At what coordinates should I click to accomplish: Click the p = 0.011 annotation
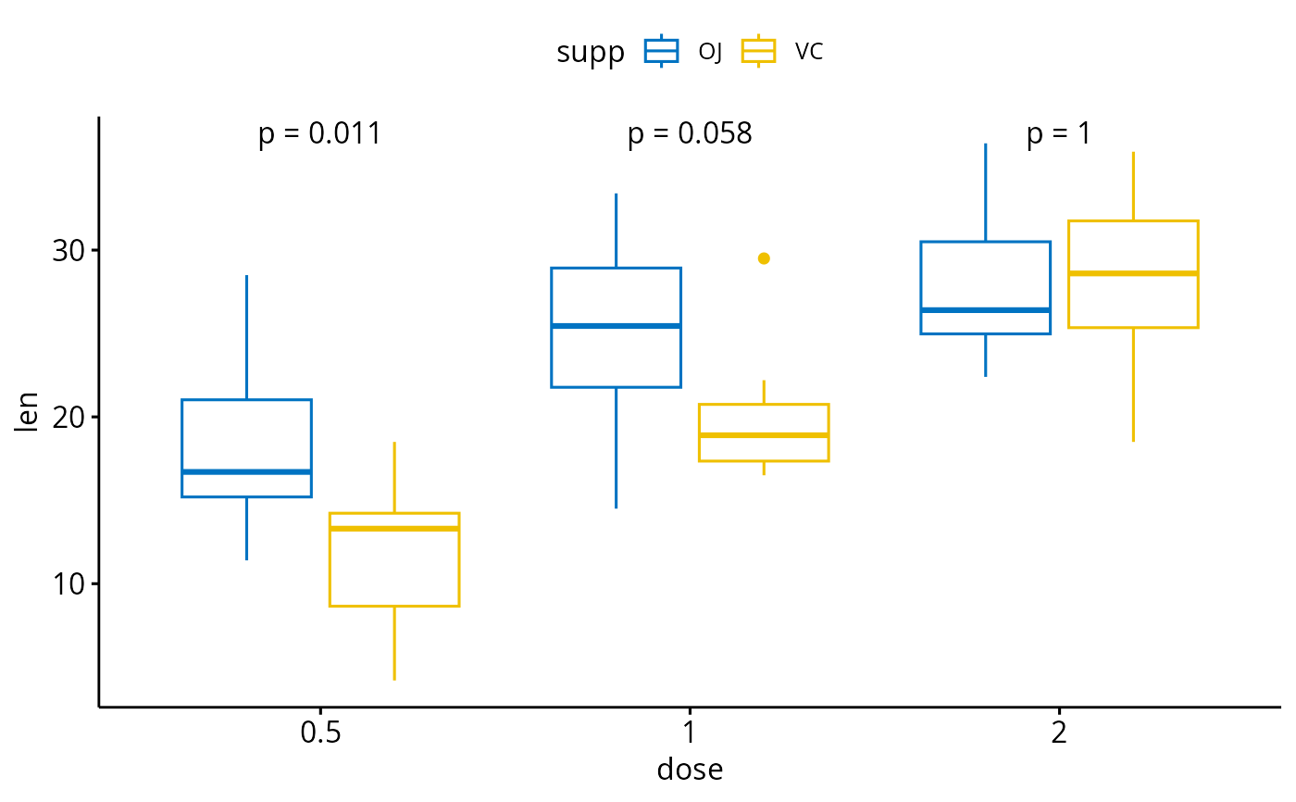(x=319, y=134)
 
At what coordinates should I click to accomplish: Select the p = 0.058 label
(x=690, y=134)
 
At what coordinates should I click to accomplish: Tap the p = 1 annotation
(x=1058, y=134)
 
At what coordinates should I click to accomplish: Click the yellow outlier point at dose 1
(x=764, y=258)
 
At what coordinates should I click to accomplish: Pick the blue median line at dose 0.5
(x=246, y=472)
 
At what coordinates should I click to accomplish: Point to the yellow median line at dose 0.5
(x=394, y=529)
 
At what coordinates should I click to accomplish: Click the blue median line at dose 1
(x=616, y=326)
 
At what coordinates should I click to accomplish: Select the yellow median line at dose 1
(x=764, y=434)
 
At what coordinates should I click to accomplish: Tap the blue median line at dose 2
(x=985, y=309)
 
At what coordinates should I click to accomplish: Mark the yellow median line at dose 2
(x=1133, y=273)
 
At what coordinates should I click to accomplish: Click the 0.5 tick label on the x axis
(x=319, y=733)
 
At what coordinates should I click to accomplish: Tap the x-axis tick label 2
(x=1059, y=733)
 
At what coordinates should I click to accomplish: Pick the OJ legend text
(x=710, y=53)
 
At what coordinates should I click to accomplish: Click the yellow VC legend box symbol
(x=759, y=51)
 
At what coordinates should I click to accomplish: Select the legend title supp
(x=591, y=53)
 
